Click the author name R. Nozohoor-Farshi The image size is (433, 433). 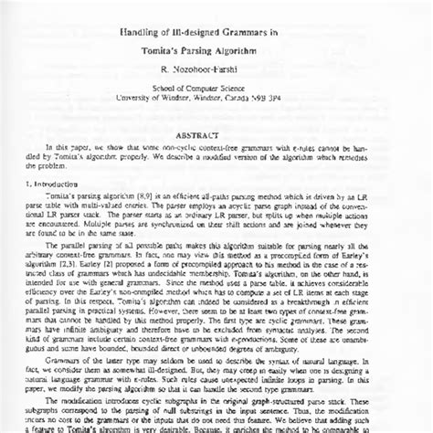coord(217,72)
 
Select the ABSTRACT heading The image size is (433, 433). coord(216,132)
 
